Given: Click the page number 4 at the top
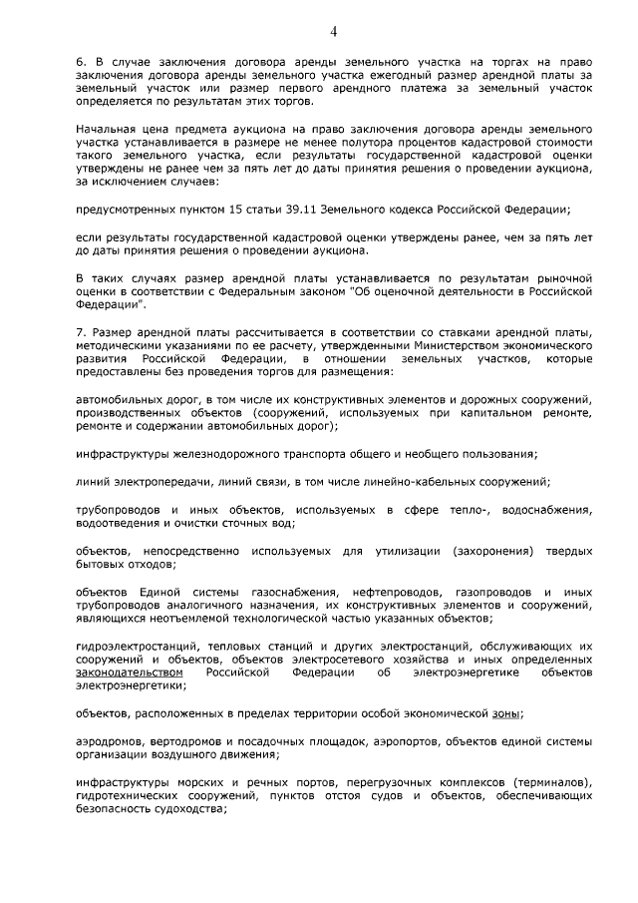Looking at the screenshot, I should (334, 32).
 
